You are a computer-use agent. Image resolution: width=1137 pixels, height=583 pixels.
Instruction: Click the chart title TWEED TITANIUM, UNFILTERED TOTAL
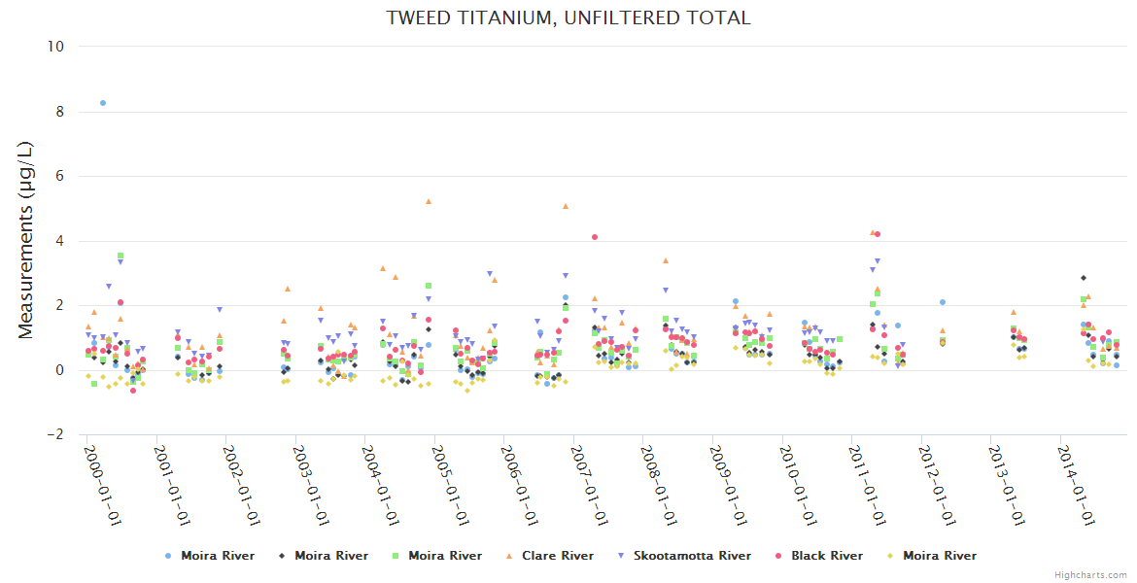pyautogui.click(x=568, y=18)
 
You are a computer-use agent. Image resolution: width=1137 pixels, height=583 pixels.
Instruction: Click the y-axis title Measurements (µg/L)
pyautogui.click(x=26, y=240)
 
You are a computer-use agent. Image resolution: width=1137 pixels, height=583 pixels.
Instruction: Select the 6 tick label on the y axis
pyautogui.click(x=58, y=176)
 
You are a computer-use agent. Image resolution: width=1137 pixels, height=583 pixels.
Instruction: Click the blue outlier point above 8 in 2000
pyautogui.click(x=103, y=102)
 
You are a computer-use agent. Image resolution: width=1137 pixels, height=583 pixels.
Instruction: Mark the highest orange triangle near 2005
pyautogui.click(x=429, y=201)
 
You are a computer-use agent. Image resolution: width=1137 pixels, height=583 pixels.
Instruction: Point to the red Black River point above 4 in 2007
pyautogui.click(x=595, y=237)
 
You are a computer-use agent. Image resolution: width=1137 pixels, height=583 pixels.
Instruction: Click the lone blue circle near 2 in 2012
pyautogui.click(x=943, y=302)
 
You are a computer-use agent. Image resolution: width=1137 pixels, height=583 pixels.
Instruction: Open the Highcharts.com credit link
pyautogui.click(x=1090, y=574)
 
